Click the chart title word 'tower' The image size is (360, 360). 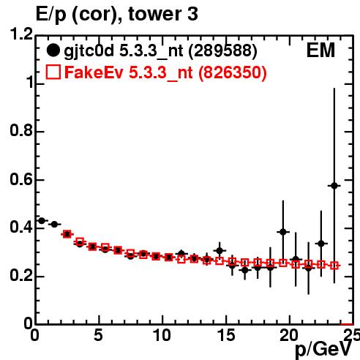tap(154, 14)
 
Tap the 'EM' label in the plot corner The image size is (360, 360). tap(320, 50)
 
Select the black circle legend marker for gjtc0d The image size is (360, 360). tap(53, 50)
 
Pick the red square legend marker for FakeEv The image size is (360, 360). tap(53, 72)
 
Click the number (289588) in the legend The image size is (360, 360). tap(223, 50)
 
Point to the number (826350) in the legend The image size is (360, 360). tap(233, 72)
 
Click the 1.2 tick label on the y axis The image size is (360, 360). tap(21, 34)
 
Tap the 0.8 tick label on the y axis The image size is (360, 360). tap(21, 130)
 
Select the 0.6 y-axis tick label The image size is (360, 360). tap(21, 179)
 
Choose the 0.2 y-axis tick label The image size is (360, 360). tap(21, 276)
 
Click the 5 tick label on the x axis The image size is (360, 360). tap(98, 335)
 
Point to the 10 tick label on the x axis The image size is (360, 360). tap(162, 335)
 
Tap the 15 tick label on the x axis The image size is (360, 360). tap(226, 335)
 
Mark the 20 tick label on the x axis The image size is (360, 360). tap(289, 335)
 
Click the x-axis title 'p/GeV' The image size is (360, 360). tap(323, 350)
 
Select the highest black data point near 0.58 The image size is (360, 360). tap(334, 186)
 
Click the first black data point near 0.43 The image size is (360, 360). tap(42, 221)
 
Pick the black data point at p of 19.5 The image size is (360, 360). tap(283, 232)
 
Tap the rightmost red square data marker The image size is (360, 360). tap(334, 266)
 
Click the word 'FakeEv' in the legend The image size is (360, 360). tap(94, 72)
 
